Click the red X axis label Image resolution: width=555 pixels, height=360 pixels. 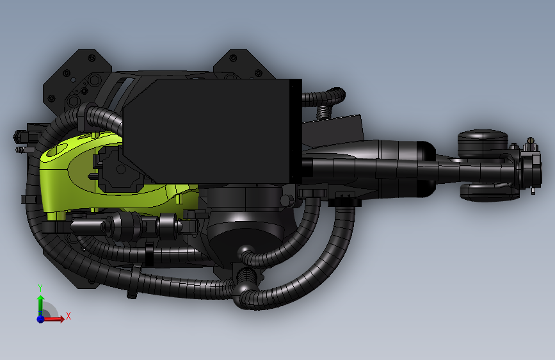[x=68, y=316]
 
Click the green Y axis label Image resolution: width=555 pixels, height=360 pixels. [x=40, y=288]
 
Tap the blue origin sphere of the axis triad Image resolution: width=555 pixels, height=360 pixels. [x=40, y=318]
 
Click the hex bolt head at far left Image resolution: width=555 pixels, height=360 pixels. [x=19, y=136]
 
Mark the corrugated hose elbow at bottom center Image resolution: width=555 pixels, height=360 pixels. [x=246, y=288]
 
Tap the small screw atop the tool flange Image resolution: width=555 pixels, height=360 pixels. [x=530, y=142]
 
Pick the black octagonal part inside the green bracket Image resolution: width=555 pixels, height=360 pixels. [x=118, y=168]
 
